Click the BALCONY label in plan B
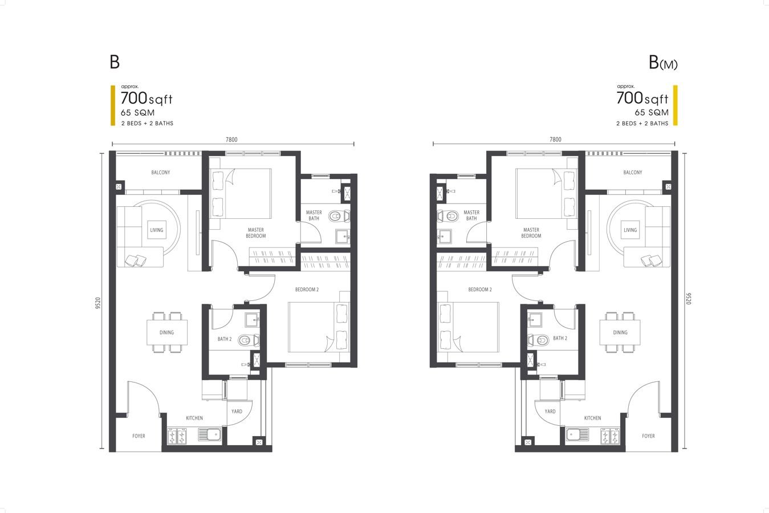161,172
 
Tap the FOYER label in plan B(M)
648,436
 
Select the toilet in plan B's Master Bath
339,216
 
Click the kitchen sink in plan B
210,435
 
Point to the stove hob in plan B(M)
610,435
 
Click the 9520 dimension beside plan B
98,303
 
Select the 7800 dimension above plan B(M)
555,140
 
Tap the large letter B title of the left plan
115,62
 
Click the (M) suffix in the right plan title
669,64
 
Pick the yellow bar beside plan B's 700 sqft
113,105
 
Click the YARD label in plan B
237,412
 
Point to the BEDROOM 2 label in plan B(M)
479,290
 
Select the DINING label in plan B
166,332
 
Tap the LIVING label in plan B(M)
630,230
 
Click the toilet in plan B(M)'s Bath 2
538,340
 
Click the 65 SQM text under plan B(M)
651,113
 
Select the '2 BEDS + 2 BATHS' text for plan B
147,123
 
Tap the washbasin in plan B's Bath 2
251,320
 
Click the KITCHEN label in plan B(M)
592,418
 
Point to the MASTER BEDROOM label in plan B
256,233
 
